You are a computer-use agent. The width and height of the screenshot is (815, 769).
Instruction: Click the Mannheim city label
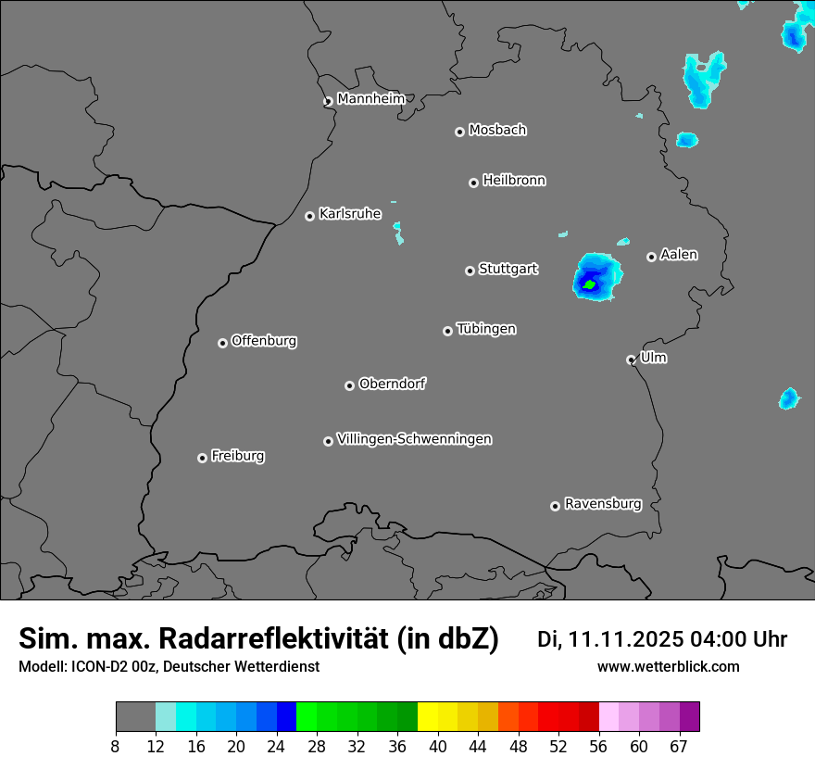tap(370, 99)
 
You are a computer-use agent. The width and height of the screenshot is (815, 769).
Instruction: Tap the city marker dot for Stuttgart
tap(470, 271)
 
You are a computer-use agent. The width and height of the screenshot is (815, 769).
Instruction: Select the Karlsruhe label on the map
tap(350, 214)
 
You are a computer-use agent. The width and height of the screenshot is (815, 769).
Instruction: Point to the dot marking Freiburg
tap(202, 458)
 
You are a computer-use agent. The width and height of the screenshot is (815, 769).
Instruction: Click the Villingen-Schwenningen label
tap(414, 439)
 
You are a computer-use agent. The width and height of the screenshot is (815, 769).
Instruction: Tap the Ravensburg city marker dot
tap(555, 506)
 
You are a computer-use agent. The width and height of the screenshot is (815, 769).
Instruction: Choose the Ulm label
tap(653, 358)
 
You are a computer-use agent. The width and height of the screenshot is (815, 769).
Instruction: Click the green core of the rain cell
tap(589, 284)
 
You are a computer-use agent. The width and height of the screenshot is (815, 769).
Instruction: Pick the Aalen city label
tap(679, 255)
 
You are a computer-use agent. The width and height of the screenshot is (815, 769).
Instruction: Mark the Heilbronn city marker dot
tap(473, 183)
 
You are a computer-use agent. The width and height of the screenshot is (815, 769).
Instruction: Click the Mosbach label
tap(497, 131)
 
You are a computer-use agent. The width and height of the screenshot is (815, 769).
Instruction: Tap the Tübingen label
tap(486, 329)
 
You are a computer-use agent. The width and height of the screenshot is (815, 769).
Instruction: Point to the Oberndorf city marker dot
tap(349, 385)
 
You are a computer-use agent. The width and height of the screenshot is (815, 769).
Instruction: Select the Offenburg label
tap(264, 341)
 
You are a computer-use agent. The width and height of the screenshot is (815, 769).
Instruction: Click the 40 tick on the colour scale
tap(437, 747)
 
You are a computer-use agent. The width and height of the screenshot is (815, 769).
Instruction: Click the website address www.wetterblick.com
tap(669, 667)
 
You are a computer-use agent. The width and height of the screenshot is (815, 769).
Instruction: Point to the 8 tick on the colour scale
tap(116, 747)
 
